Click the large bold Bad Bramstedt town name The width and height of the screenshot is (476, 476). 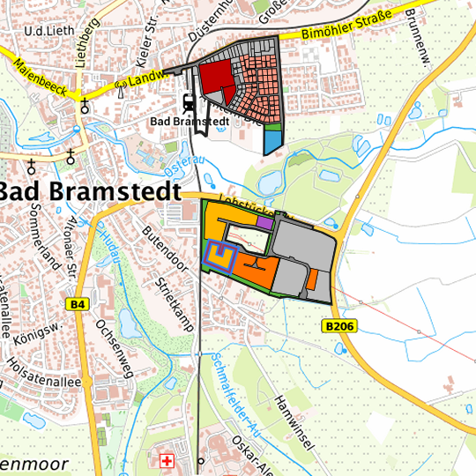[88, 191]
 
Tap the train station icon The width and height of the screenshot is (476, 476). [190, 102]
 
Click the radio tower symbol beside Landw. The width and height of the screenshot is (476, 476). [120, 86]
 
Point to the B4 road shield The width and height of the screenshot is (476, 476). [78, 304]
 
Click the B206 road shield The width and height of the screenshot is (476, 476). [339, 326]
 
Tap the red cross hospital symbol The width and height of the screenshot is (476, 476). [167, 460]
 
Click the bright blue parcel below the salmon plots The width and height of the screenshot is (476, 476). [274, 141]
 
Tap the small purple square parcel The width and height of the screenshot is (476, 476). [264, 224]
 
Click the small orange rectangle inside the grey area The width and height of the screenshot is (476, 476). [312, 279]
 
